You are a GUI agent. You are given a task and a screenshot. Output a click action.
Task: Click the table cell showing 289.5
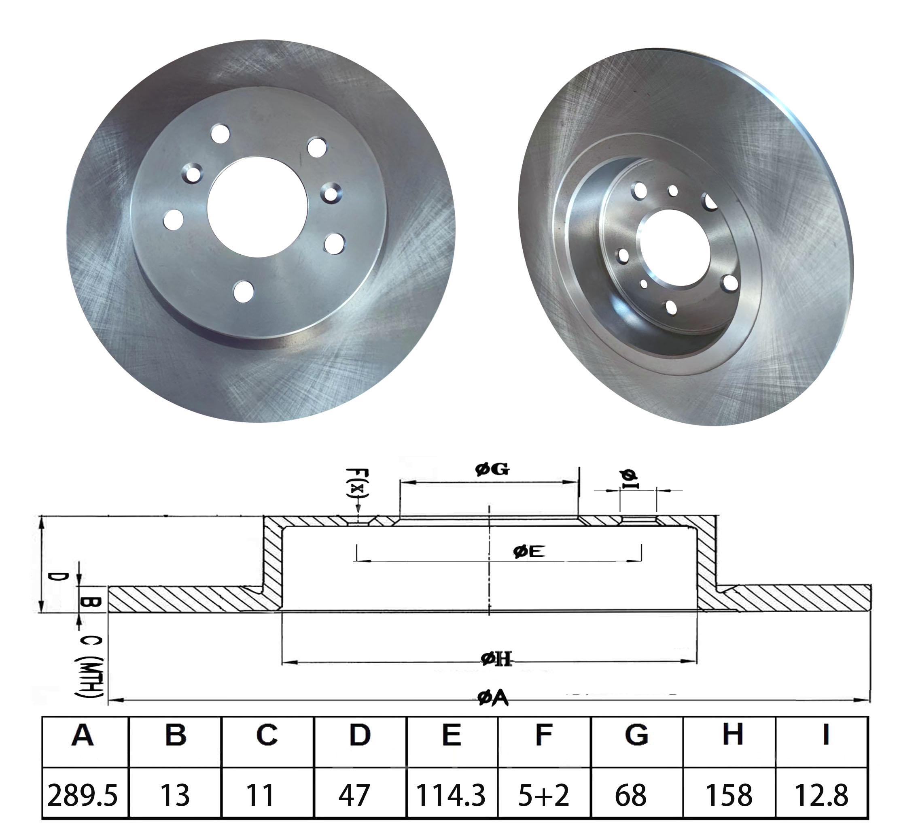pos(83,795)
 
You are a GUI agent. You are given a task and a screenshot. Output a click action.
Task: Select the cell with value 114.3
pos(451,795)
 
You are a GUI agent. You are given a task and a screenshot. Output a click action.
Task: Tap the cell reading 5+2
pos(543,795)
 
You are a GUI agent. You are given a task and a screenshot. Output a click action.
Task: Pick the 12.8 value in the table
pos(821,795)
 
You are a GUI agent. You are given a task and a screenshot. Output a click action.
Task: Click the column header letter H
pos(732,735)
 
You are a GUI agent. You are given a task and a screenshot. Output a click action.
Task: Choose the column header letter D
pos(359,735)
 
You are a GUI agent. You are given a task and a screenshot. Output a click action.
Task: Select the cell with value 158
pos(728,795)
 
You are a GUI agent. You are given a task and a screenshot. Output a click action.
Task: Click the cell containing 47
pos(354,795)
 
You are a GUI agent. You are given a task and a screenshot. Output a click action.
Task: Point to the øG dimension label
pos(492,469)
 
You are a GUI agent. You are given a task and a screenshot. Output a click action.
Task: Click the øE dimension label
pos(529,552)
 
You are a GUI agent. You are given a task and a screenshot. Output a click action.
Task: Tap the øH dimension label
pos(496,658)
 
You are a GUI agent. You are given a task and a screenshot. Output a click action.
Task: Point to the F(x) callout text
pos(357,483)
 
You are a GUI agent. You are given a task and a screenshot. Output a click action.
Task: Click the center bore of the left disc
pos(258,207)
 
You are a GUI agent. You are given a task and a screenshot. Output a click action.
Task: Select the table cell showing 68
pos(630,795)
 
